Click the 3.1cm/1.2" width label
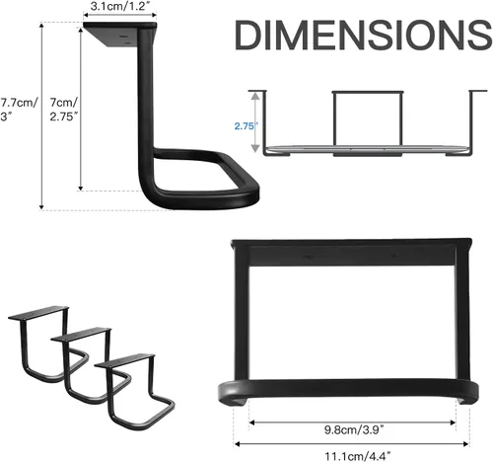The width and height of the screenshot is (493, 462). (119, 6)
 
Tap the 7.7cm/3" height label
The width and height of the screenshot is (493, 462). (17, 110)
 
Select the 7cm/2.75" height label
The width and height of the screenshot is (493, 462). (64, 110)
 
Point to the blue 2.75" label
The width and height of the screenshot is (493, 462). (246, 126)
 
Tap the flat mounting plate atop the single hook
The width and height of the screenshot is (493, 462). (118, 37)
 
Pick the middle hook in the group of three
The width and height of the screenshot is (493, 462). (84, 360)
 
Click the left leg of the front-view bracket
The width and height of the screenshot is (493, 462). (241, 316)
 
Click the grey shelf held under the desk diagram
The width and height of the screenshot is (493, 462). (365, 150)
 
